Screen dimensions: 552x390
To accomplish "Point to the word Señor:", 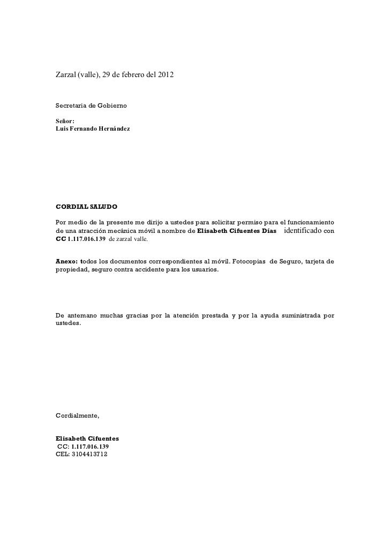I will pyautogui.click(x=66, y=122).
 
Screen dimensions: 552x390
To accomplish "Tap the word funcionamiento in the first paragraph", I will pyautogui.click(x=308, y=222).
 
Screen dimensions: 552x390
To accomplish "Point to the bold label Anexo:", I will pyautogui.click(x=67, y=261).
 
